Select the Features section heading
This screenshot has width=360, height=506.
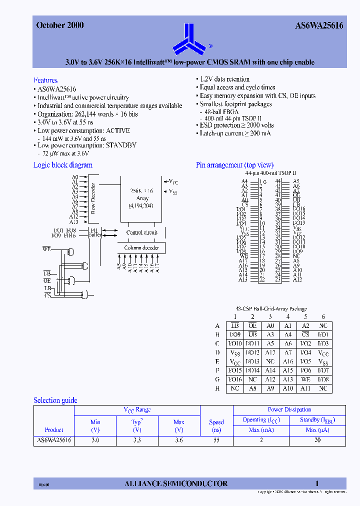(x=45, y=80)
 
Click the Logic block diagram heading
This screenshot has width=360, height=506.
(x=63, y=165)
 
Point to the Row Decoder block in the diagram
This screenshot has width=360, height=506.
(x=92, y=198)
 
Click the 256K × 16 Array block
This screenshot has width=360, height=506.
(x=141, y=198)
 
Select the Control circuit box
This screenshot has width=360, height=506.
(x=141, y=232)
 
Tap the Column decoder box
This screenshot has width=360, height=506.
(x=141, y=248)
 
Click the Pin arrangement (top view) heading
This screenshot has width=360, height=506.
(x=234, y=165)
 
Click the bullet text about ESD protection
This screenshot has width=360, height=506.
(x=236, y=125)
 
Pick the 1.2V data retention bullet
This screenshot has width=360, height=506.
(x=224, y=79)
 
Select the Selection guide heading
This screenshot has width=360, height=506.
(x=55, y=400)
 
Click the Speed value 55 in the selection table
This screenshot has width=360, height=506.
(x=216, y=440)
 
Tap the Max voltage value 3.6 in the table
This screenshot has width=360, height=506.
(x=178, y=440)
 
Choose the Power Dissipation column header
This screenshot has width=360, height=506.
(x=289, y=409)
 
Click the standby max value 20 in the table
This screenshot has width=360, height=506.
(x=317, y=440)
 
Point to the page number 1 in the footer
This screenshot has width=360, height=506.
(x=317, y=483)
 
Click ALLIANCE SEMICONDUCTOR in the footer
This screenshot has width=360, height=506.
(x=175, y=483)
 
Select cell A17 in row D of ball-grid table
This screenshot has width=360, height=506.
(x=270, y=352)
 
